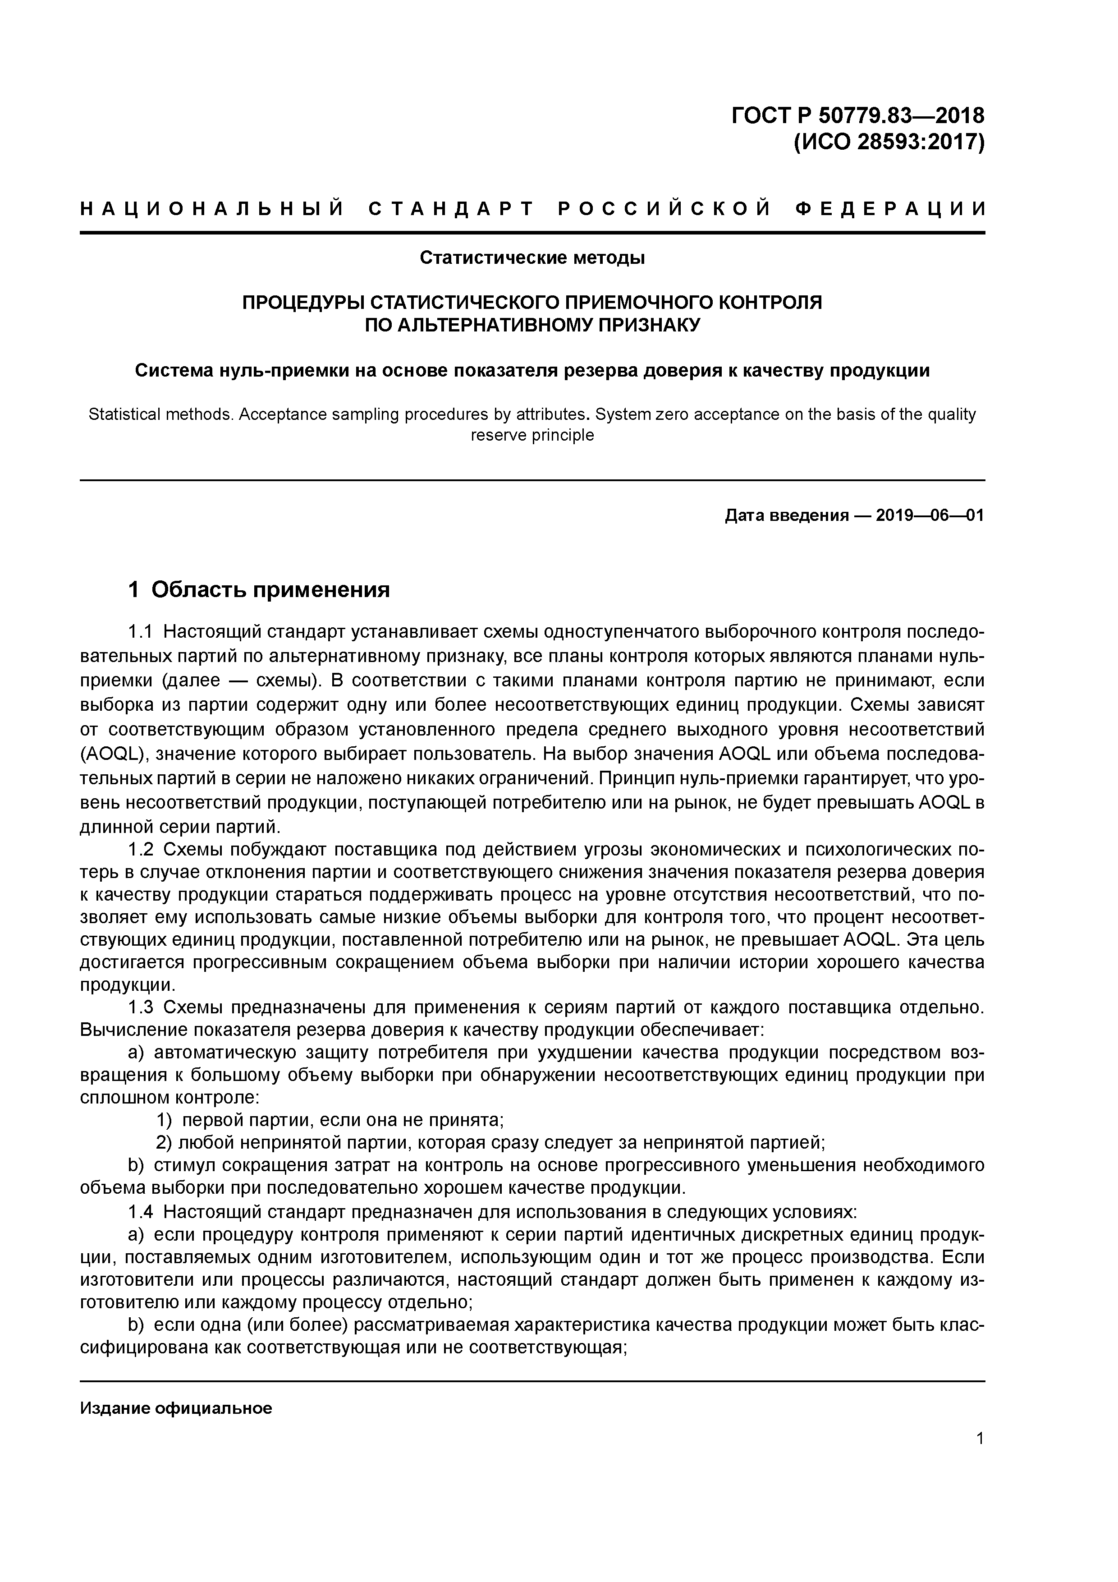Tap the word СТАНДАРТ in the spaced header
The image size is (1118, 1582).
click(x=451, y=209)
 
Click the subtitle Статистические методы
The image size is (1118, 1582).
click(x=532, y=258)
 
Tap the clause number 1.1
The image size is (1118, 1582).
click(x=142, y=632)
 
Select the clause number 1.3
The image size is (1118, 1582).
click(x=142, y=1007)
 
